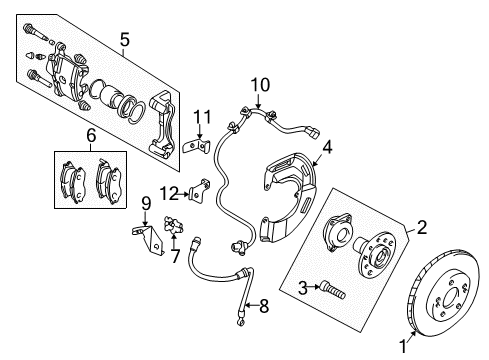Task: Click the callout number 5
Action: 125,40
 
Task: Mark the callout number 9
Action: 145,204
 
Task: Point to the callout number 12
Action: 173,192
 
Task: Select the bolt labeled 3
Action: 331,292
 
